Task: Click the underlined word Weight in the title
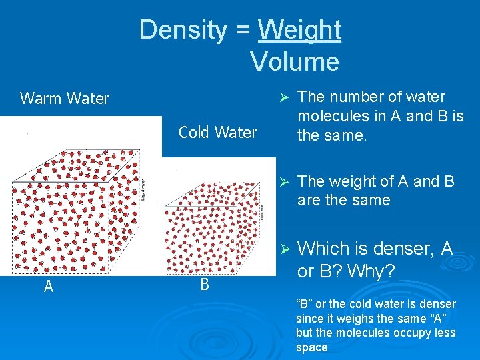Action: (x=299, y=31)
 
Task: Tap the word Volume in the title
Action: (x=295, y=62)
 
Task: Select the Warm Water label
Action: (x=65, y=99)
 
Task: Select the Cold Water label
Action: (x=217, y=133)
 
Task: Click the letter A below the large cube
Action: (x=48, y=287)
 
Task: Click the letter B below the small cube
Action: (x=204, y=285)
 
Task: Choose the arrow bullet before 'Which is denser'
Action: (x=282, y=249)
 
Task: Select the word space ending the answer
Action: (x=312, y=347)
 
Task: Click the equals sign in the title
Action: (x=243, y=31)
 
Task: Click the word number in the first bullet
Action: (x=361, y=97)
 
